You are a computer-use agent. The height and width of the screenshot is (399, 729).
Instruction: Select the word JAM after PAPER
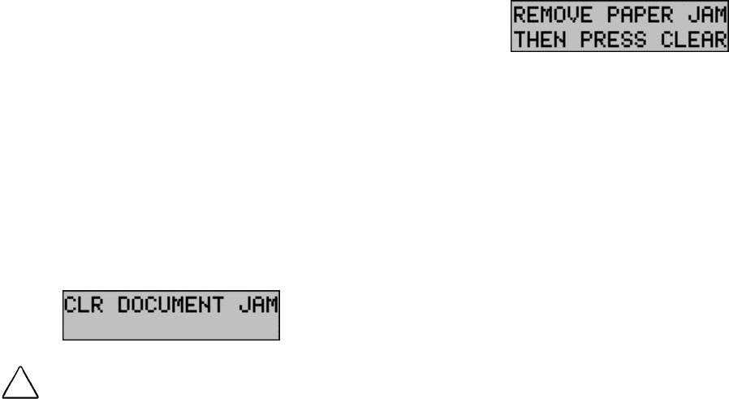coord(705,16)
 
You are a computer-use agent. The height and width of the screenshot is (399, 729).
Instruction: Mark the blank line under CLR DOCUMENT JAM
coord(172,327)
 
